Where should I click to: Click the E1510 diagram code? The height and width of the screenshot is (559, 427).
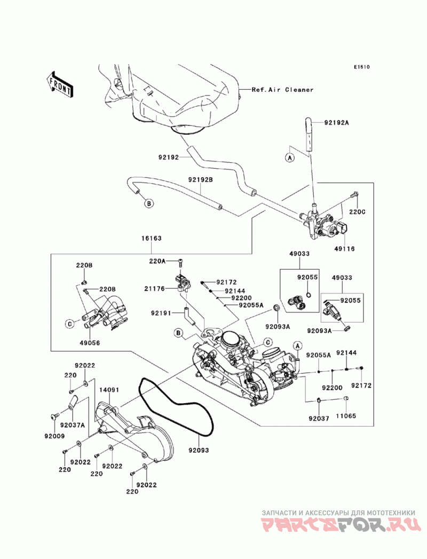tap(361, 68)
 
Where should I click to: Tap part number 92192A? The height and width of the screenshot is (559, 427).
tap(336, 122)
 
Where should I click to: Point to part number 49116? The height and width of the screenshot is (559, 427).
tap(345, 249)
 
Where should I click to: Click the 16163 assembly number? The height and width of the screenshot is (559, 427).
tap(152, 239)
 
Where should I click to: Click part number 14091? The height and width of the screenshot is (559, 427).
tap(109, 390)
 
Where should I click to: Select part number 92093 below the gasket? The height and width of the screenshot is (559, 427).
tap(198, 450)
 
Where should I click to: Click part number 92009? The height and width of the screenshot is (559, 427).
tap(54, 436)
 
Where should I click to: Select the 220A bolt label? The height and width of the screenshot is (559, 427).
tap(157, 261)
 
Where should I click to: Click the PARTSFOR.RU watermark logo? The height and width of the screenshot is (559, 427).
tap(342, 525)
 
